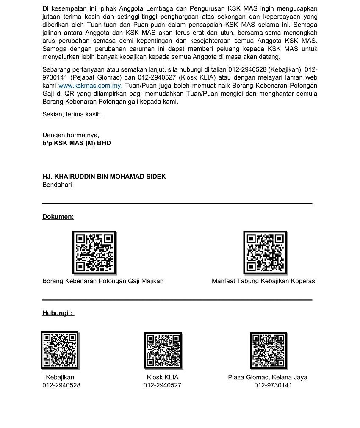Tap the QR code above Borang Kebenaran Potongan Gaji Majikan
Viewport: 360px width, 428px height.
click(x=94, y=253)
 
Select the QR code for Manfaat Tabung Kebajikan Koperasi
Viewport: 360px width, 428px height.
click(x=265, y=253)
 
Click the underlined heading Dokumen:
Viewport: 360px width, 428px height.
click(x=58, y=217)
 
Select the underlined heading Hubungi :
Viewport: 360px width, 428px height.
click(x=58, y=313)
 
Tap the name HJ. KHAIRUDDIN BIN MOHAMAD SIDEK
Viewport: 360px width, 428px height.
click(x=104, y=177)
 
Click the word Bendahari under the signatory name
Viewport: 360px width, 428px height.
click(x=57, y=185)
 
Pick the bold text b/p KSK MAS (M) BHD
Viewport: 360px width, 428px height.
click(x=77, y=143)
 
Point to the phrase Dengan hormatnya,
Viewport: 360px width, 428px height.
click(x=71, y=135)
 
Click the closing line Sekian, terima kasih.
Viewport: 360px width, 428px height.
click(x=72, y=114)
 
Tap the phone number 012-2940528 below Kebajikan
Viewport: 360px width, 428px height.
click(x=61, y=385)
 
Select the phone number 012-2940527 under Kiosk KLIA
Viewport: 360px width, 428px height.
click(x=162, y=385)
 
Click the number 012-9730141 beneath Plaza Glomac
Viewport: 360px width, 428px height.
click(x=273, y=385)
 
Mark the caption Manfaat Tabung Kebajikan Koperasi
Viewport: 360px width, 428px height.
click(x=264, y=281)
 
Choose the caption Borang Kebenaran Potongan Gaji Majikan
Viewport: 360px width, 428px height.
click(x=103, y=281)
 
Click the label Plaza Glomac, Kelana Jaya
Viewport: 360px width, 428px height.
click(x=268, y=377)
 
